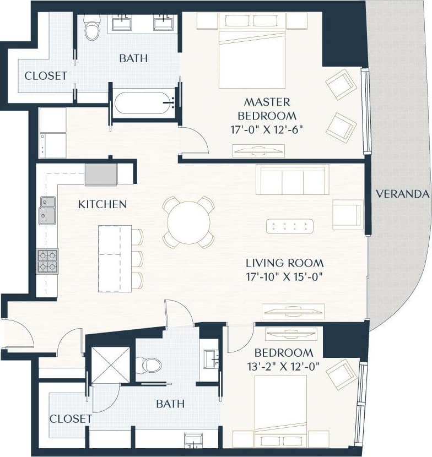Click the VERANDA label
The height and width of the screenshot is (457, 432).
click(x=402, y=194)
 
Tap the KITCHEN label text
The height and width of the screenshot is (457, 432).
click(x=102, y=204)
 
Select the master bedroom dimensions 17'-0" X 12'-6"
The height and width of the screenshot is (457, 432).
click(x=267, y=130)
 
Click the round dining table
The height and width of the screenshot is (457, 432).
click(x=188, y=222)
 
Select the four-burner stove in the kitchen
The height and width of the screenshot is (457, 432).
click(x=47, y=261)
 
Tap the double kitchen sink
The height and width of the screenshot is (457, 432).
click(x=47, y=210)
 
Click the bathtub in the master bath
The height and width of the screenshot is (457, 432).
click(x=144, y=103)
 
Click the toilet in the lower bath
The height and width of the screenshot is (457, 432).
click(x=149, y=364)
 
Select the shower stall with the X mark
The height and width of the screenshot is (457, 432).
click(x=110, y=364)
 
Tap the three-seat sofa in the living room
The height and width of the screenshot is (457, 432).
click(x=292, y=180)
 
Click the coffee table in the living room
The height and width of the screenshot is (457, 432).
click(x=289, y=226)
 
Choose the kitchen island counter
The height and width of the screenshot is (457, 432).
click(x=115, y=258)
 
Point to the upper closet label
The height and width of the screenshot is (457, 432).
click(x=46, y=76)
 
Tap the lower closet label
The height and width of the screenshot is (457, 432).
click(x=71, y=419)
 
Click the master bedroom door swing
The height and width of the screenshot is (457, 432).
click(x=193, y=141)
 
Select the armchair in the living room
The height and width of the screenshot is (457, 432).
click(x=347, y=214)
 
